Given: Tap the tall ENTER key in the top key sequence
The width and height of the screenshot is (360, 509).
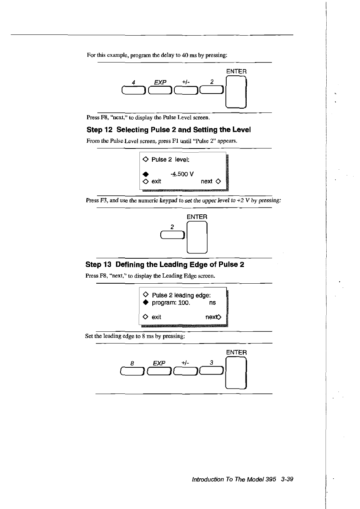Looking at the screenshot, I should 236,92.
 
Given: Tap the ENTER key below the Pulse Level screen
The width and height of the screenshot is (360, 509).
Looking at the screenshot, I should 197,237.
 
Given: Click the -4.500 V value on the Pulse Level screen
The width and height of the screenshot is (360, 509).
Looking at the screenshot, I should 182,174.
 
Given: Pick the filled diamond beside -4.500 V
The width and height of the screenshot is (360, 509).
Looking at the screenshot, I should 145,174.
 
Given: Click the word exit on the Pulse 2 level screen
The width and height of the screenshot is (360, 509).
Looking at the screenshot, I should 156,181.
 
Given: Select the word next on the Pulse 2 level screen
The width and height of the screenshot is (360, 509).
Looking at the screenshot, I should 207,181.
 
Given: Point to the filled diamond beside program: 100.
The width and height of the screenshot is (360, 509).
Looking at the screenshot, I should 145,303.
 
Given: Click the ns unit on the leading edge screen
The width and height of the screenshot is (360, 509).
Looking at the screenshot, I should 212,303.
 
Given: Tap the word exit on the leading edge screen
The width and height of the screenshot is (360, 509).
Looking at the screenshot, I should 156,317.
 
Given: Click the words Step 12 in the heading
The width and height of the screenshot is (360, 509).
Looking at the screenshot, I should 100,130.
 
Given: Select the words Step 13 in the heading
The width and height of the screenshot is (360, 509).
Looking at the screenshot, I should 99,264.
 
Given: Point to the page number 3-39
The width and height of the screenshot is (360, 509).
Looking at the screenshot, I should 287,479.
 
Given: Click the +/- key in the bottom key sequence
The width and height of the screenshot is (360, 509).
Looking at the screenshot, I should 185,373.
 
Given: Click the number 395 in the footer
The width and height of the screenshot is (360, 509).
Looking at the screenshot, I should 271,479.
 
